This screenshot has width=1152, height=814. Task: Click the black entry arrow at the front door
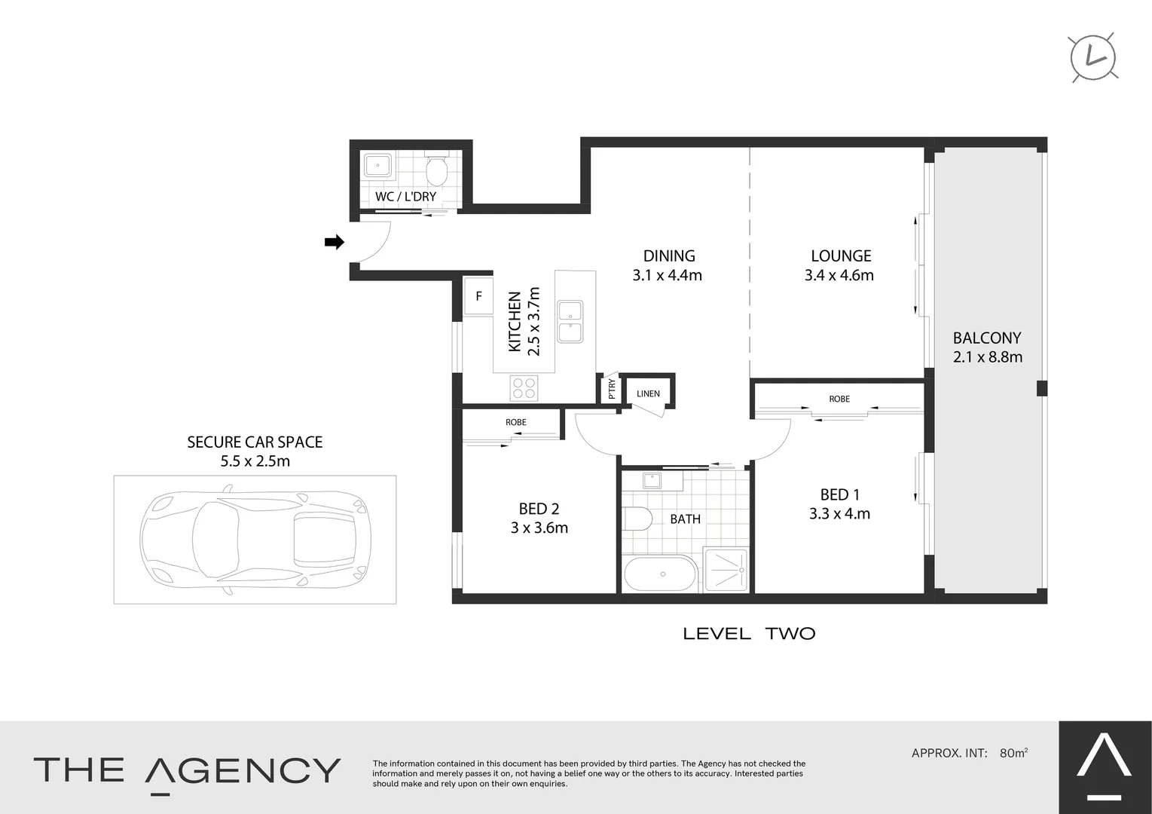point(334,242)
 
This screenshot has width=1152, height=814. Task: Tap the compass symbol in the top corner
point(1093,57)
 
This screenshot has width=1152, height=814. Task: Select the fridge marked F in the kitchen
point(478,296)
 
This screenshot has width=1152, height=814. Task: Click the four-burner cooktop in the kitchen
point(524,388)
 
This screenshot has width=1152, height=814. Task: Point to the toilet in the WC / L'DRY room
point(437,171)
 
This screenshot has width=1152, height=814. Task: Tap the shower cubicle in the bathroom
point(726,570)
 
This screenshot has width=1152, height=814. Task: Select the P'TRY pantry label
point(611,389)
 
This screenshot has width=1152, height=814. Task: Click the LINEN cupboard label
point(648,393)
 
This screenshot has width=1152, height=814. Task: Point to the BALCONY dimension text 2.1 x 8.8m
point(987,357)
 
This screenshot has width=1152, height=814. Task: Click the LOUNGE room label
point(840,256)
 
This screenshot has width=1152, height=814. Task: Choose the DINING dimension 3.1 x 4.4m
point(667,276)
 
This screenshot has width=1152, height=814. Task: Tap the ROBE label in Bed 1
point(839,399)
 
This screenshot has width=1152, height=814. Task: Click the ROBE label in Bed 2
point(516,422)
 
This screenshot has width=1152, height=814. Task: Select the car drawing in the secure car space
point(255,539)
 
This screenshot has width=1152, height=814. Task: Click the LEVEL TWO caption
point(749,634)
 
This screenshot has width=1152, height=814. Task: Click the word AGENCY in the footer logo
point(243,771)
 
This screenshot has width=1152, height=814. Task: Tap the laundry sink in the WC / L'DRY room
point(377,166)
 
